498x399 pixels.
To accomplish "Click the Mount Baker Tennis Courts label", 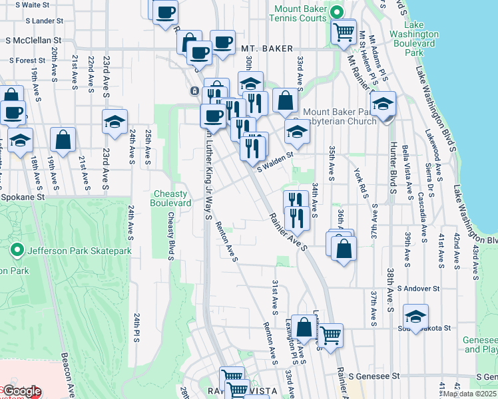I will [298, 13].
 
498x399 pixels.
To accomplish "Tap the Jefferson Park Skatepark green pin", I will [17, 251].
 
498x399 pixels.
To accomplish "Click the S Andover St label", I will [418, 289].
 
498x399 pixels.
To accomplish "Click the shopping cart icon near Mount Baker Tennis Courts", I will [344, 30].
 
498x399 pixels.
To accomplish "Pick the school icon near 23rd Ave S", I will [115, 122].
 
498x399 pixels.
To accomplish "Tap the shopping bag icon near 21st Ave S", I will [63, 139].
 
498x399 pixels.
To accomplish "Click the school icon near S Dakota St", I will [415, 316].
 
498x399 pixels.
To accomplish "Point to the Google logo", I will [22, 391].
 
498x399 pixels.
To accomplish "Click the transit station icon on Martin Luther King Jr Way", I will [194, 90].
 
